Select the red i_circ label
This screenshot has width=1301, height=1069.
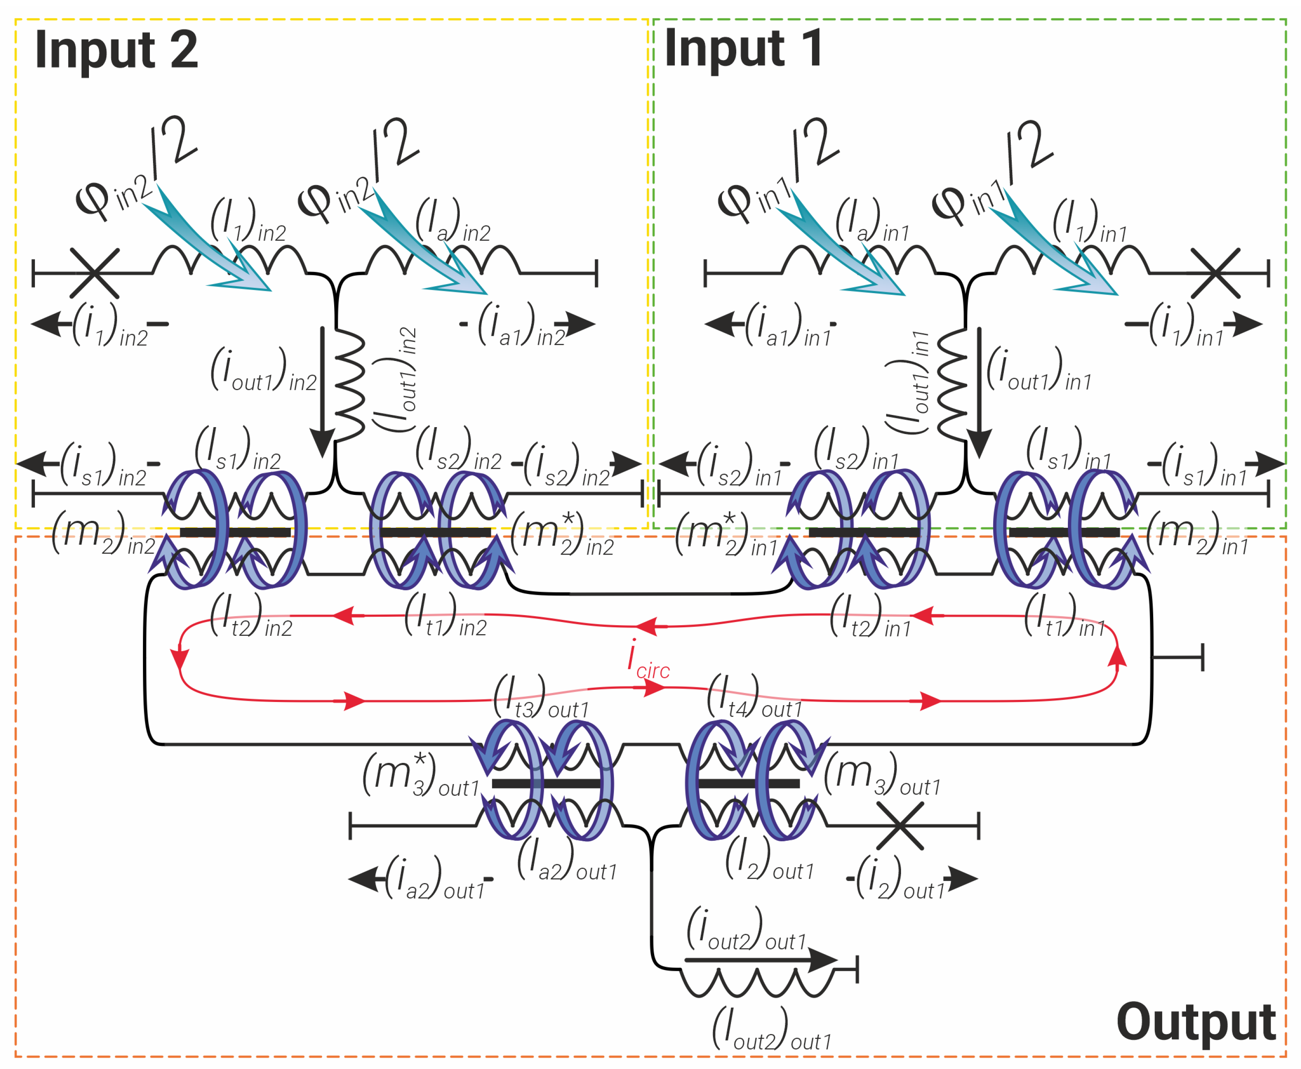[x=646, y=659]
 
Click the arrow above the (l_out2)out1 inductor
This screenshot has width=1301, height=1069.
[x=761, y=959]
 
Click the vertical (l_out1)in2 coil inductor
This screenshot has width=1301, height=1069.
[x=350, y=385]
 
